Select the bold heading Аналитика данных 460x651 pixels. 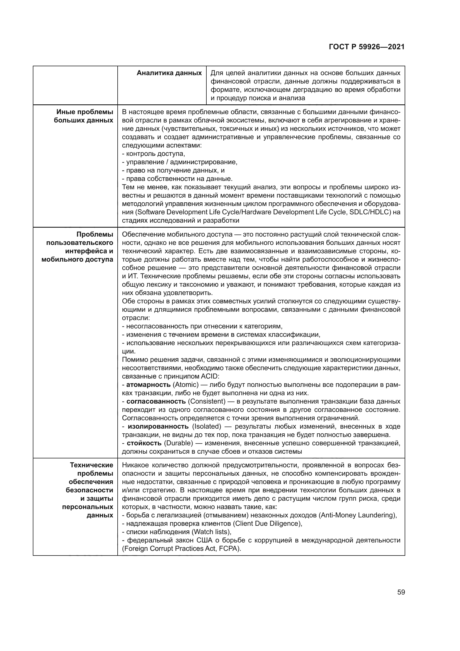point(169,73)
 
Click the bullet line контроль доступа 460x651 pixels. point(153,154)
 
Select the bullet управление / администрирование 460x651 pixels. point(180,162)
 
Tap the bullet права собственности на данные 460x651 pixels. point(177,179)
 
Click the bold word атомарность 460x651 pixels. point(148,385)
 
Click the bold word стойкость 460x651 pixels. point(144,443)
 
